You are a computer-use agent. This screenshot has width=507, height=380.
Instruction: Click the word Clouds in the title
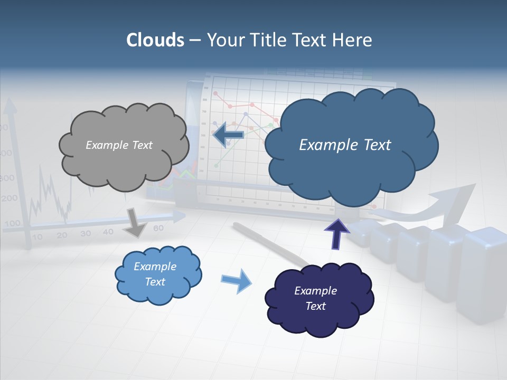155,40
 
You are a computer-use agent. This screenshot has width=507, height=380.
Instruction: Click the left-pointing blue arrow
228,135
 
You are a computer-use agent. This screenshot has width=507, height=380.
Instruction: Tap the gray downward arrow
135,222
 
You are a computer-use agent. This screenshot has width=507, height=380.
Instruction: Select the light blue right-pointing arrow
237,280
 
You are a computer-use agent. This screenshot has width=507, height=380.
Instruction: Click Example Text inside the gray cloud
119,145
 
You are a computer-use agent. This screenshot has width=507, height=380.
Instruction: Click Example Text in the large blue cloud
345,145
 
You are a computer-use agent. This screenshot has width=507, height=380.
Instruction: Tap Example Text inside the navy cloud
315,298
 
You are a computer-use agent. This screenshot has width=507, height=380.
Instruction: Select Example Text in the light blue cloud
155,274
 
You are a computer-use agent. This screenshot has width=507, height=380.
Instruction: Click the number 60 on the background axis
158,229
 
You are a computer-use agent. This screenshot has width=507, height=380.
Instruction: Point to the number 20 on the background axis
62,235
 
